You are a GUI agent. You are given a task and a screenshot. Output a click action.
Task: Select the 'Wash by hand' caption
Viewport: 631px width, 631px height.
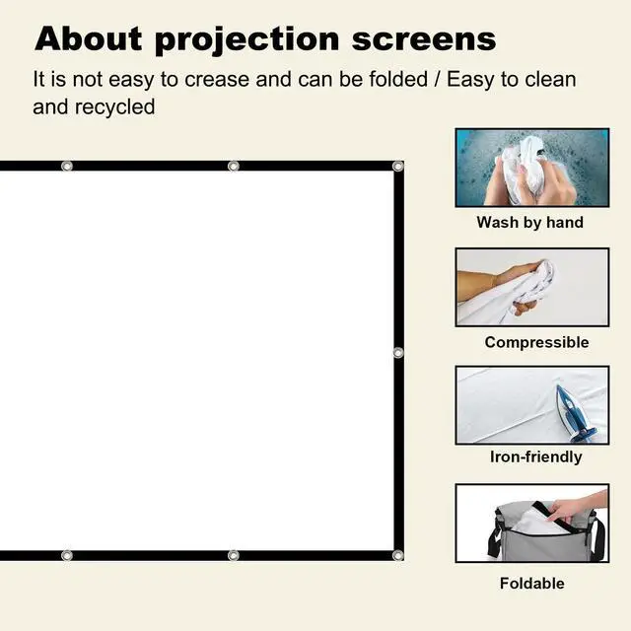click(529, 223)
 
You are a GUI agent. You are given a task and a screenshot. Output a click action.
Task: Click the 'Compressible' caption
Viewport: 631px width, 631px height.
click(536, 342)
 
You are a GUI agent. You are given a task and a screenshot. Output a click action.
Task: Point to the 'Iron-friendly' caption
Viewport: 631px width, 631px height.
click(535, 456)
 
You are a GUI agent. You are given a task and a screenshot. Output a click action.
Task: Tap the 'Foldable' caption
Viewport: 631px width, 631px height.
click(531, 583)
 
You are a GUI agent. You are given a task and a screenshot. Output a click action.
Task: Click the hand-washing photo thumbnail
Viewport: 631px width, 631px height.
click(531, 168)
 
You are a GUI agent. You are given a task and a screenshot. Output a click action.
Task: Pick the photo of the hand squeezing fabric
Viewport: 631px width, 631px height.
click(531, 286)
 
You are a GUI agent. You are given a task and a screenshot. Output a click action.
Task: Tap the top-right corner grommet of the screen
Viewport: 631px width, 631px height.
click(397, 167)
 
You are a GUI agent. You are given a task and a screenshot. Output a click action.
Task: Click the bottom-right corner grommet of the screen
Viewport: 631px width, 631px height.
click(397, 555)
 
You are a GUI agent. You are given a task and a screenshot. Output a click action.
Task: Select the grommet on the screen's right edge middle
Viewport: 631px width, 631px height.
click(398, 352)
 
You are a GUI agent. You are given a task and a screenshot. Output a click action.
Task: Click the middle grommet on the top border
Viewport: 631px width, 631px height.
click(233, 166)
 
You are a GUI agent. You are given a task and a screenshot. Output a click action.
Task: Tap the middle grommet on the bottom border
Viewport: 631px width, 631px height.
click(233, 555)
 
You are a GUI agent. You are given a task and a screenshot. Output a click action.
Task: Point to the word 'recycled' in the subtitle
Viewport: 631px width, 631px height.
click(115, 106)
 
